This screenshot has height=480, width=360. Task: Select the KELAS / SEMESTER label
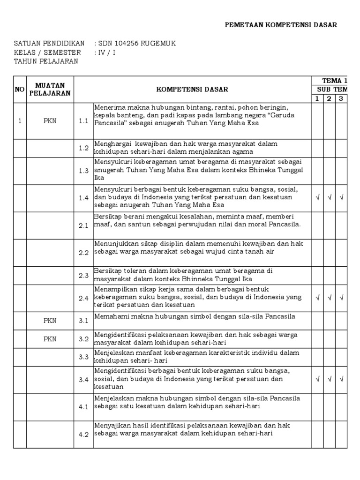pos(47,52)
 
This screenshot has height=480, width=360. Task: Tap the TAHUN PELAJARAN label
pos(46,61)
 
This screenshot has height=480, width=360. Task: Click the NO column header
pos(20,89)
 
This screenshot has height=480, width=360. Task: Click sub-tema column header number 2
pos(330,98)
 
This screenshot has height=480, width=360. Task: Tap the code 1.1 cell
pos(83,121)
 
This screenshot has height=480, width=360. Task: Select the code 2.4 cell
pos(83,298)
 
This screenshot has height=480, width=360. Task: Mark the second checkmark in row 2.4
pos(330,298)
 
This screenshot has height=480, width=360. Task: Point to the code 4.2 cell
pos(83,435)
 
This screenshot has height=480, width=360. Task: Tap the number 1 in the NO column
pos(20,121)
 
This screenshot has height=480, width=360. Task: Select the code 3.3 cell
pos(83,357)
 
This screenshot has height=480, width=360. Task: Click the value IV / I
pos(105,52)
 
